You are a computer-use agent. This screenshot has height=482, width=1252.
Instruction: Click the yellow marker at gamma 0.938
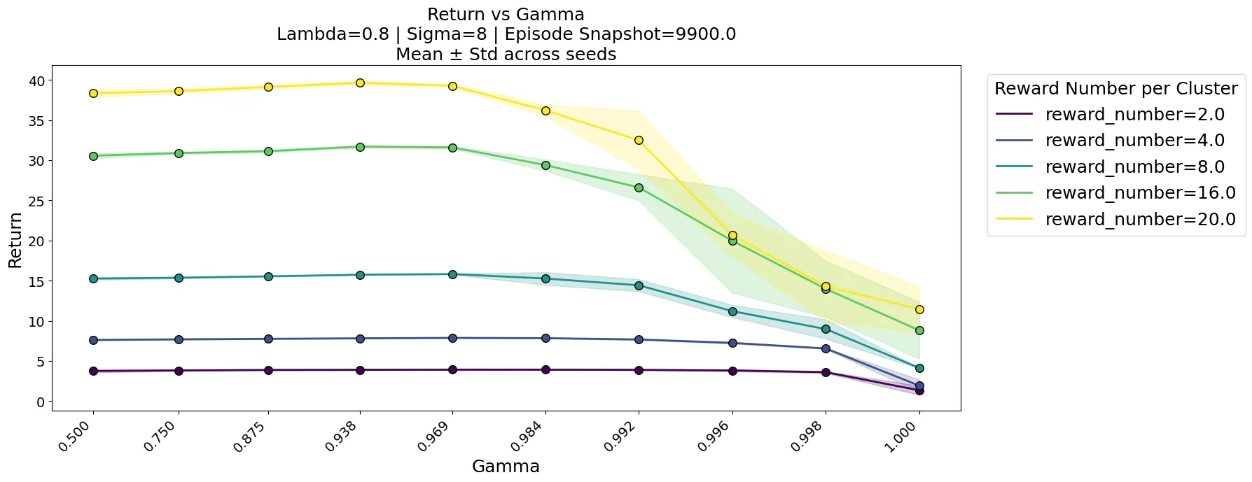point(360,83)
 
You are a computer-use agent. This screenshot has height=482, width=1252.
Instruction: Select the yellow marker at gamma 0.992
point(639,140)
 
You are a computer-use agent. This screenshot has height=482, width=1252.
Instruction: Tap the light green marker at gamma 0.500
point(93,156)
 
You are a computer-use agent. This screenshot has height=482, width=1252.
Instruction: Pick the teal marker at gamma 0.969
point(452,274)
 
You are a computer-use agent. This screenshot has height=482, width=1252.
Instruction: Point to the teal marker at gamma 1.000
point(919,368)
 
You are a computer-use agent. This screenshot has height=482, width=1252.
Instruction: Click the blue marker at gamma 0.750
point(179,339)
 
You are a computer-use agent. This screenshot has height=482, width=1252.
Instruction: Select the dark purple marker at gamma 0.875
point(268,370)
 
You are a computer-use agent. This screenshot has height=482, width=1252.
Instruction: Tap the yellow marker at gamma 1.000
point(919,309)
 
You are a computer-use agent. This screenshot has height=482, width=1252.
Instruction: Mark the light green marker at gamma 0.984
point(545,165)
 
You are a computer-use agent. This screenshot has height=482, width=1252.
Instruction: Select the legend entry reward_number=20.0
point(1115,219)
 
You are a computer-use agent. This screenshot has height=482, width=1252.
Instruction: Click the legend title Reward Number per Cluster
point(1116,88)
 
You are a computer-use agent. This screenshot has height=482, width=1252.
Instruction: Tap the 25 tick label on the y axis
point(36,201)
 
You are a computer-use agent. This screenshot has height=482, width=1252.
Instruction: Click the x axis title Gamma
point(506,467)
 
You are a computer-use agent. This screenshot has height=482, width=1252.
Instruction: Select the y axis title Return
point(15,240)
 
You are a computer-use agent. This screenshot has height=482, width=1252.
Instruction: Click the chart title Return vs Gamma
point(506,14)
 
